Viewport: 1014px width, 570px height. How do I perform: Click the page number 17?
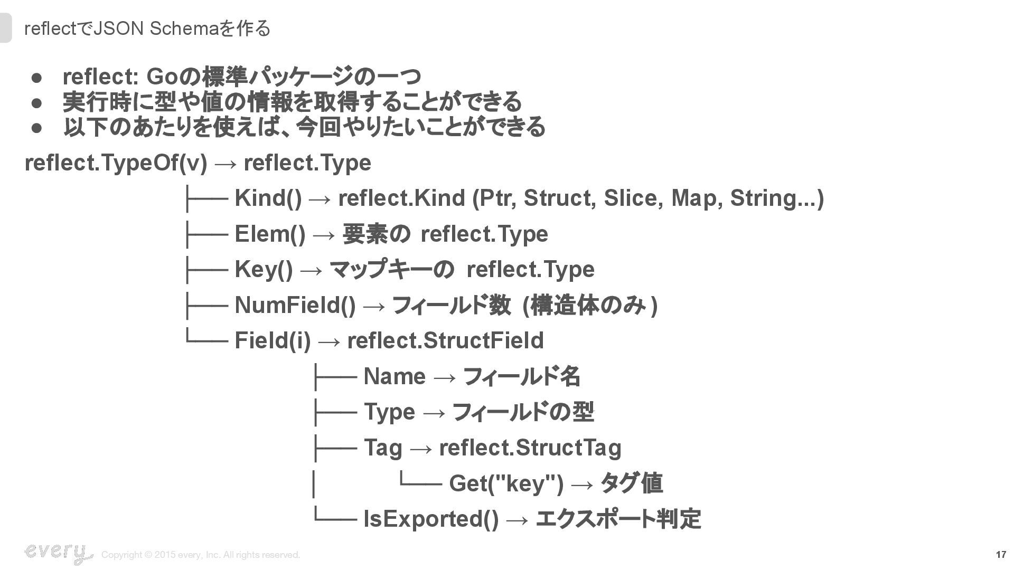tap(1000, 555)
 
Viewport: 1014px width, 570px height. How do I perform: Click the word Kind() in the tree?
tap(268, 198)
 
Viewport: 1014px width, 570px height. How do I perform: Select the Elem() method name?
tap(270, 234)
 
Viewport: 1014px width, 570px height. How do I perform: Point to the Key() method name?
tap(264, 270)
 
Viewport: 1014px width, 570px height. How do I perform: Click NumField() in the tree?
tap(295, 305)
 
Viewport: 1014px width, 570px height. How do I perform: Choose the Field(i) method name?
tap(273, 340)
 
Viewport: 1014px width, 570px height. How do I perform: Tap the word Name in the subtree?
tap(395, 377)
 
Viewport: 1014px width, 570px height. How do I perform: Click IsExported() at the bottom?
tap(431, 519)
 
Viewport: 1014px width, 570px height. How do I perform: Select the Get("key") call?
tap(506, 483)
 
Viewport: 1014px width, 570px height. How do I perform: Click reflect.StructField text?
tap(445, 340)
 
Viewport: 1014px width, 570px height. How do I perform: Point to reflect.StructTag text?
tap(530, 448)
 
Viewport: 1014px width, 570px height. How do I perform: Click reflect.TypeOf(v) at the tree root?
tap(116, 163)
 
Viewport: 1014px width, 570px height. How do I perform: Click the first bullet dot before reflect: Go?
tap(36, 78)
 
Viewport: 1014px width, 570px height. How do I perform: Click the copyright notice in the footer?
tap(201, 555)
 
